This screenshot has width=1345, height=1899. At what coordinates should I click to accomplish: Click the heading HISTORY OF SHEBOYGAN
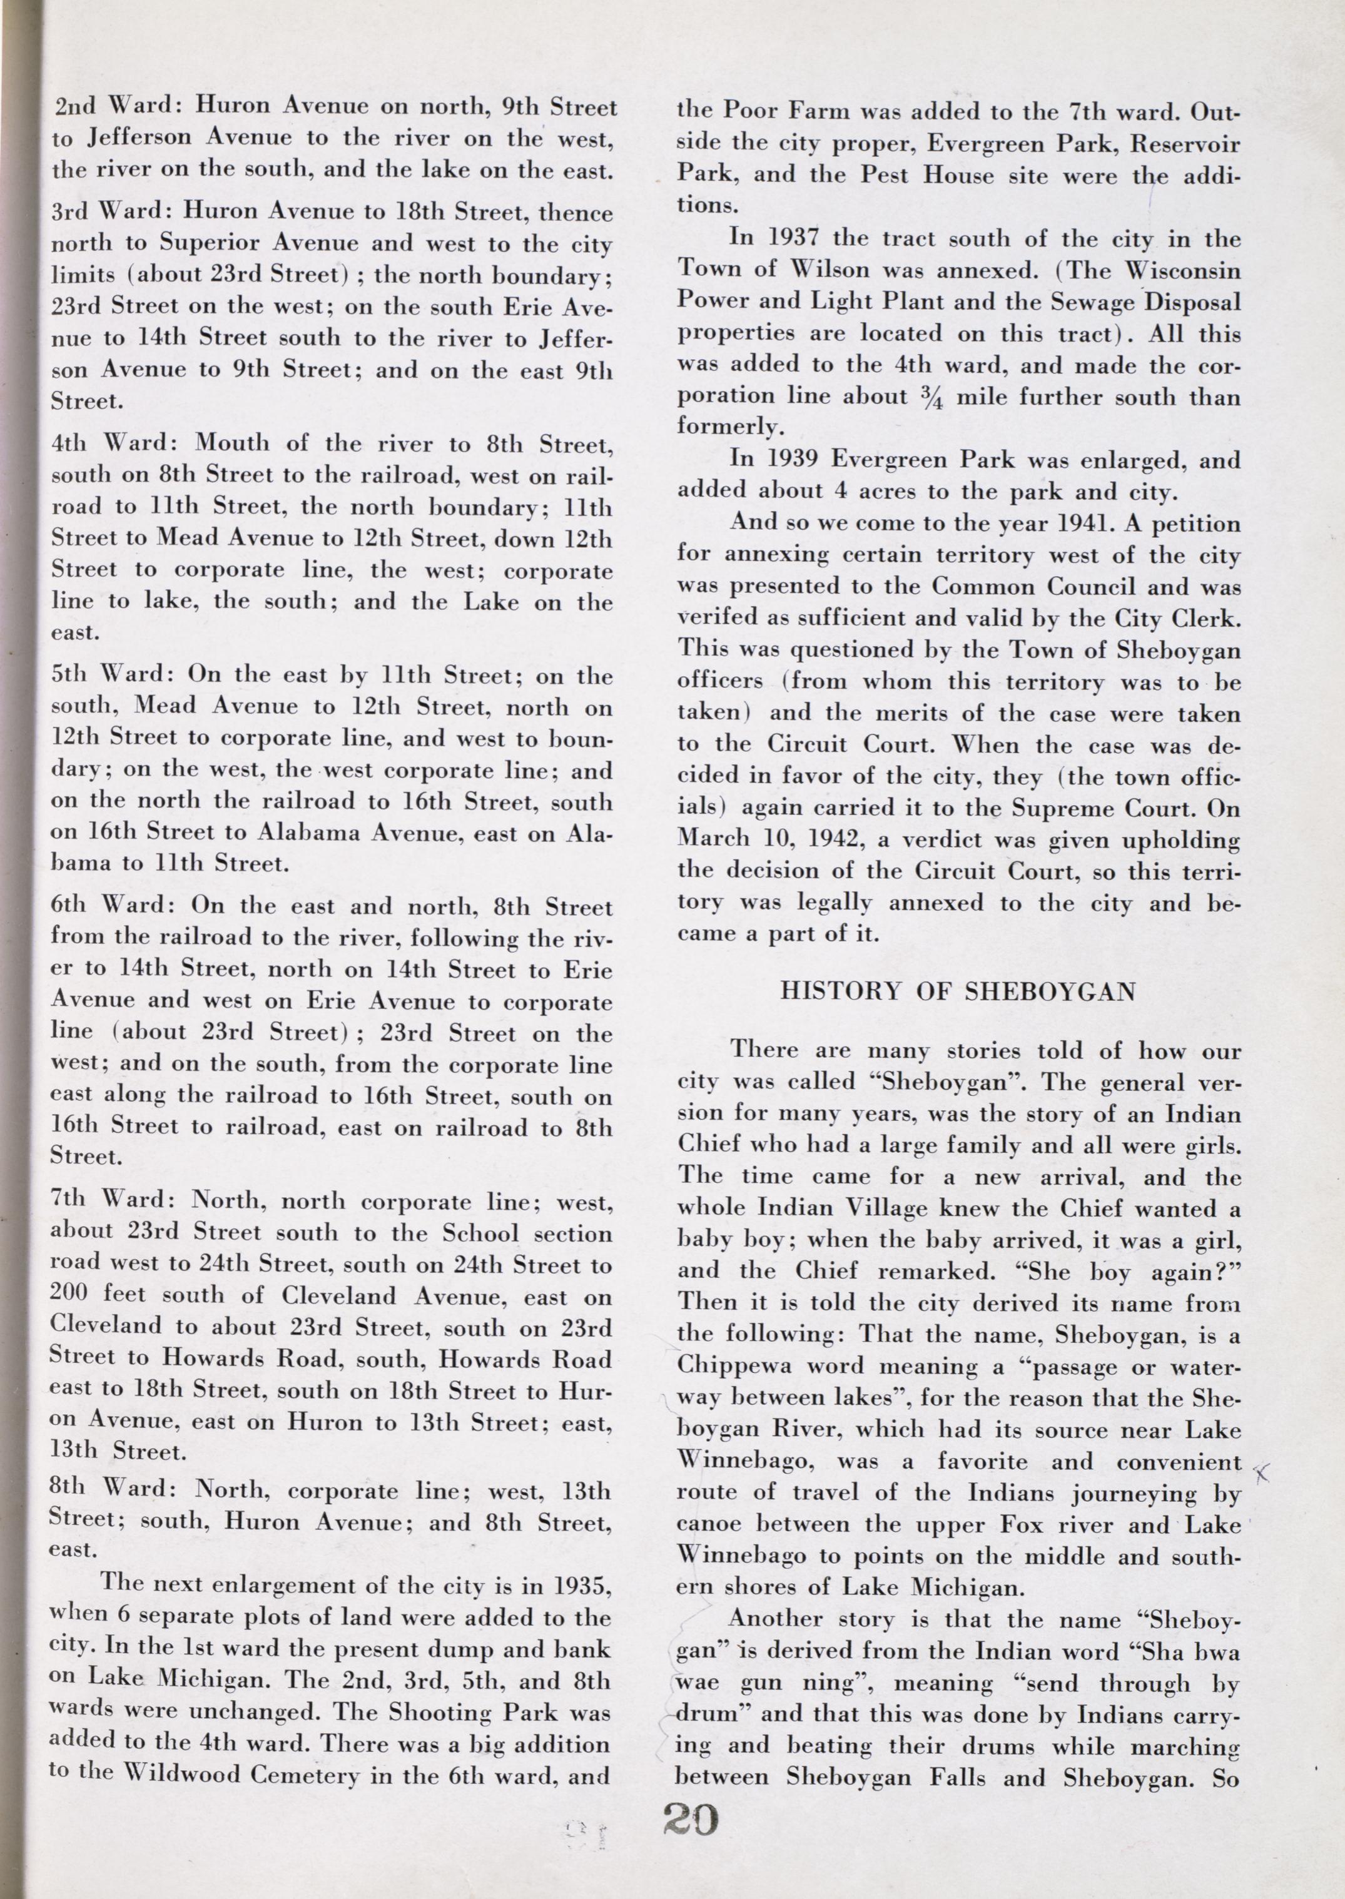(x=958, y=991)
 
